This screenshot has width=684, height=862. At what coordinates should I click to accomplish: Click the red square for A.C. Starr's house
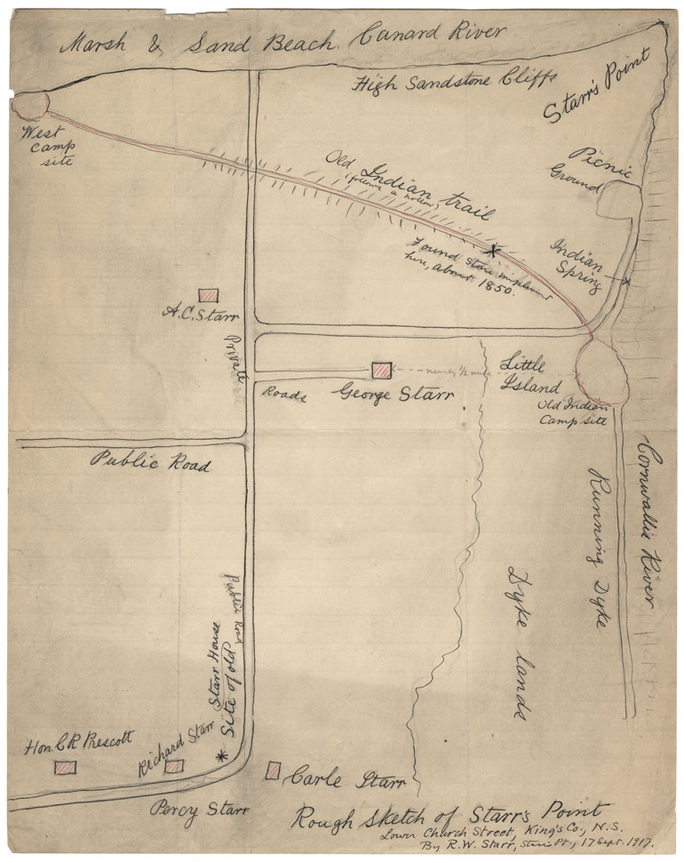pyautogui.click(x=208, y=294)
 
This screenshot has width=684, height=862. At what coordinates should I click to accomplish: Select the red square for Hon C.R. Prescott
pyautogui.click(x=65, y=767)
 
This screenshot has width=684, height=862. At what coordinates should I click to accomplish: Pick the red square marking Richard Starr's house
pyautogui.click(x=174, y=765)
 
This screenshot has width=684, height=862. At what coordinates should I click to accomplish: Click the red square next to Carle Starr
pyautogui.click(x=274, y=770)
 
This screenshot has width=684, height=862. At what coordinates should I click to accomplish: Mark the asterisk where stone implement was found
pyautogui.click(x=491, y=251)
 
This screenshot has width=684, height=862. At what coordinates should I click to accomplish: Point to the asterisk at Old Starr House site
pyautogui.click(x=221, y=755)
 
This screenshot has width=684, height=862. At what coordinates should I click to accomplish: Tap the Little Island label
pyautogui.click(x=529, y=374)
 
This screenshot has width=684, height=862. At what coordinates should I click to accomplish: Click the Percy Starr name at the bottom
pyautogui.click(x=199, y=810)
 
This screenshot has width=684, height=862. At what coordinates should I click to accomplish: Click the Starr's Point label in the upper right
pyautogui.click(x=596, y=85)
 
